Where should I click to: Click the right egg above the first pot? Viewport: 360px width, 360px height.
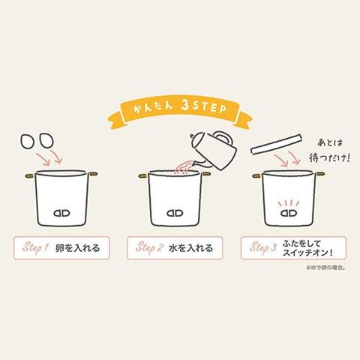[x=46, y=140]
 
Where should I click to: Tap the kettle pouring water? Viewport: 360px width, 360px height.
[x=214, y=150]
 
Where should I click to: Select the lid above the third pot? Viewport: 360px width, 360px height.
[x=276, y=145]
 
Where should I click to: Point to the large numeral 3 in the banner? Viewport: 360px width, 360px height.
[x=185, y=106]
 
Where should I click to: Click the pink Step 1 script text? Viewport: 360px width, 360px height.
[x=35, y=247]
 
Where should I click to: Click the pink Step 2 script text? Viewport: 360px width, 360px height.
[x=149, y=247]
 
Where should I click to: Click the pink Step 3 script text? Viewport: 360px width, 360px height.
[x=263, y=247]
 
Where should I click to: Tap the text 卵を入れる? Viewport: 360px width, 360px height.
[x=77, y=248]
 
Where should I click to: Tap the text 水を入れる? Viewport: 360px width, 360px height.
[x=190, y=248]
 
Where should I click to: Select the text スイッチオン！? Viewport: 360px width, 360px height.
[x=308, y=253]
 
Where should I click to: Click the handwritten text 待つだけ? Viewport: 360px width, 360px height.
[x=329, y=157]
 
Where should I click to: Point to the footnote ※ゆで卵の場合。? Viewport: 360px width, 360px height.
[x=325, y=268]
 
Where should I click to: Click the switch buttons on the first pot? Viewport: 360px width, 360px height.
[x=61, y=213]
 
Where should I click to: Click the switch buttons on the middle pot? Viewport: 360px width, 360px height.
[x=175, y=213]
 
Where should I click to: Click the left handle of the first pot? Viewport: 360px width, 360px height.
[x=30, y=175]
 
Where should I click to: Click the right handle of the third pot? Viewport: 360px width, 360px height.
[x=319, y=174]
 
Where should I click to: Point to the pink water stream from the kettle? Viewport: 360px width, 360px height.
[x=184, y=166]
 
